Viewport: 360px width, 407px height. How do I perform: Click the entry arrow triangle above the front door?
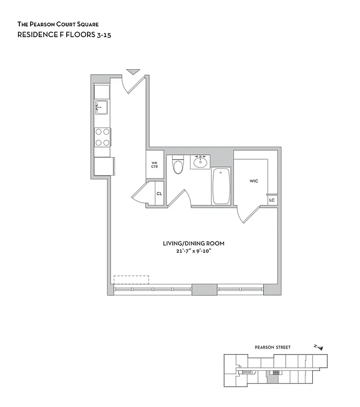tap(133, 72)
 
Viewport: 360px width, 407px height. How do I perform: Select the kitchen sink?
tap(101, 107)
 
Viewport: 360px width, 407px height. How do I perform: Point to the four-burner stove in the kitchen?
tap(102, 136)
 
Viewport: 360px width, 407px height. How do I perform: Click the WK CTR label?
tap(154, 165)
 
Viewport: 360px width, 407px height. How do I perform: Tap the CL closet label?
tap(159, 194)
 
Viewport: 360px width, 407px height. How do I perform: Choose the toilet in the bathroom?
tap(178, 165)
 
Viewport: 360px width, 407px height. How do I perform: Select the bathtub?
tap(221, 186)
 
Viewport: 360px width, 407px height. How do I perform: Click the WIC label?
tap(254, 181)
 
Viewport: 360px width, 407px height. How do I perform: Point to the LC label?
tap(272, 200)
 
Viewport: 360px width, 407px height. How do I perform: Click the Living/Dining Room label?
tap(193, 244)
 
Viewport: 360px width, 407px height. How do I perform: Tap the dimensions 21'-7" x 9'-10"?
tap(193, 251)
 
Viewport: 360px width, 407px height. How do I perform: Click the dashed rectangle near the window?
tap(131, 280)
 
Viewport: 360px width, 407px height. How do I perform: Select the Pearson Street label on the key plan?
tap(272, 347)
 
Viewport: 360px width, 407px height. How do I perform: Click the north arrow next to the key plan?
tap(319, 347)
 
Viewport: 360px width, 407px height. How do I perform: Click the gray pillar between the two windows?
tap(204, 289)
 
